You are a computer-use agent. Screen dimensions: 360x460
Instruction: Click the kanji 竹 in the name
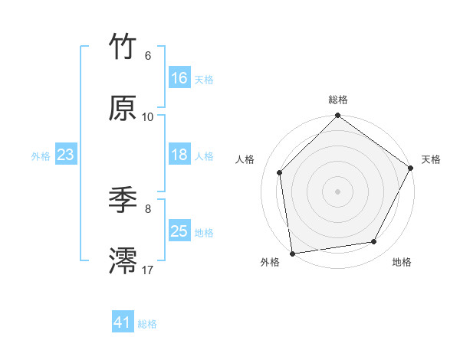coord(124,47)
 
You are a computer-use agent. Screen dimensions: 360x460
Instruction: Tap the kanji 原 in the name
coord(124,108)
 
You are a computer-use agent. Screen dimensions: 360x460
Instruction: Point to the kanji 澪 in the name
coord(124,261)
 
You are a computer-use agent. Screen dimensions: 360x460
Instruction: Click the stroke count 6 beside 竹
coord(148,56)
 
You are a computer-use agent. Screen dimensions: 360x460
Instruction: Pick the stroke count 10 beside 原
coord(148,117)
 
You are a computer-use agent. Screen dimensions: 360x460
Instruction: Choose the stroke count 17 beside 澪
coord(148,270)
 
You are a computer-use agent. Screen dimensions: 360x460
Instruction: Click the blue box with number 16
coord(179,78)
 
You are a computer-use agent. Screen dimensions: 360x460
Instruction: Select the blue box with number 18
coord(179,155)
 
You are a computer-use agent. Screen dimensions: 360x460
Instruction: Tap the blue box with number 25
coord(179,231)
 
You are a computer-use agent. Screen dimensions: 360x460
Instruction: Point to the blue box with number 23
coord(66,155)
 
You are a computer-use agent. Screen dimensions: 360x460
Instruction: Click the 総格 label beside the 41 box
coord(147,324)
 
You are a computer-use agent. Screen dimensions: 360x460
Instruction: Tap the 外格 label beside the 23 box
coord(41,155)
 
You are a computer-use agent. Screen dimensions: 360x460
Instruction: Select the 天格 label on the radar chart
coord(431,159)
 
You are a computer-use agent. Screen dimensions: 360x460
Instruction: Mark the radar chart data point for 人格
coord(280,172)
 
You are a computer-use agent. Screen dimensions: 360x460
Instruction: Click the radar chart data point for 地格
coord(374,241)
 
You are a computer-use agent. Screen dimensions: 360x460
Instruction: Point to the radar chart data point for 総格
coord(337,116)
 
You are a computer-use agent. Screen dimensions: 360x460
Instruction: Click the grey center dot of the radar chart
coord(337,191)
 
